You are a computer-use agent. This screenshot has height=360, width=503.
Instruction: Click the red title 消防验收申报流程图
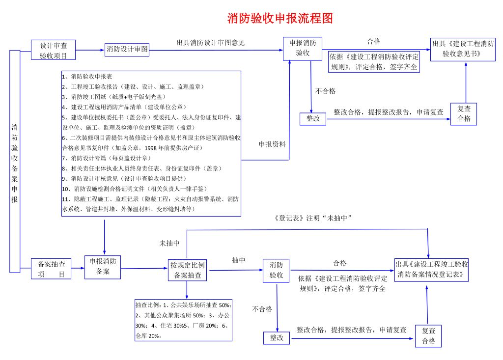[280, 19]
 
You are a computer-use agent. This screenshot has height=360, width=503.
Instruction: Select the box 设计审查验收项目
[54, 50]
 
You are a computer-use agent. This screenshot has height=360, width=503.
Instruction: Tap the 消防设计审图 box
[127, 49]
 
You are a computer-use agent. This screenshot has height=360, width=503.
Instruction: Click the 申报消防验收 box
[303, 49]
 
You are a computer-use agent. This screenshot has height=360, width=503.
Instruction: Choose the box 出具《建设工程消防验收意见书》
[463, 49]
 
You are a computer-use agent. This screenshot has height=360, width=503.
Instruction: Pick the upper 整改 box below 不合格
[313, 119]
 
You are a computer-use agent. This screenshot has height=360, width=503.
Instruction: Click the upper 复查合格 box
[464, 114]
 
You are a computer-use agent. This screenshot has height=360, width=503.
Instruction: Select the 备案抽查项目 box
[52, 269]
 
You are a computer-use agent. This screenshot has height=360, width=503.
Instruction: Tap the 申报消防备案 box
[102, 267]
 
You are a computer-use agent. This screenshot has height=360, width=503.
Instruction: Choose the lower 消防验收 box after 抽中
[277, 270]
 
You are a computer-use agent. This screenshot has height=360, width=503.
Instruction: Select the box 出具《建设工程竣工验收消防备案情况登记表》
[432, 269]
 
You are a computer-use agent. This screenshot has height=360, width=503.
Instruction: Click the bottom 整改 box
[277, 338]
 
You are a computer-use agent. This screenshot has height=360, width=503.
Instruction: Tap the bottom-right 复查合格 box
[428, 336]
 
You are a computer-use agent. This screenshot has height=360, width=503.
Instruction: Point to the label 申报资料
[272, 144]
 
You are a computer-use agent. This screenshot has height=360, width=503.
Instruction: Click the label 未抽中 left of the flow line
[169, 243]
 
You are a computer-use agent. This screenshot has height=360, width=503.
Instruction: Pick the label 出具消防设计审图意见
[210, 43]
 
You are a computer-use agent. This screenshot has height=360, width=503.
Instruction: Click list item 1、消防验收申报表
[87, 77]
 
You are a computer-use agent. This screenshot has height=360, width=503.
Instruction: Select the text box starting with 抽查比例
[184, 320]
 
